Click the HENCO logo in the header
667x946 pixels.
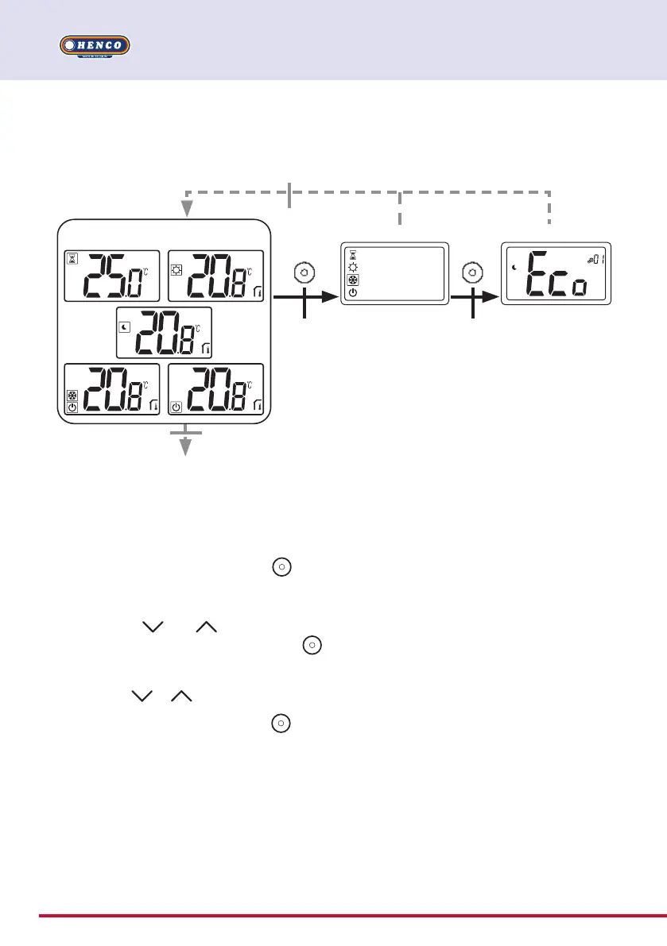click(x=95, y=46)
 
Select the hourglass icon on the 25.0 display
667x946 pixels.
click(x=72, y=258)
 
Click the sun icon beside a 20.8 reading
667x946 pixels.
click(x=178, y=269)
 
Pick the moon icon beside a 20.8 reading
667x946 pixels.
click(x=126, y=326)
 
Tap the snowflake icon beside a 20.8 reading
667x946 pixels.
click(x=72, y=396)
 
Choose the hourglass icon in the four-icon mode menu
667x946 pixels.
click(x=353, y=255)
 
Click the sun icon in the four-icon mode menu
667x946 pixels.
click(x=353, y=268)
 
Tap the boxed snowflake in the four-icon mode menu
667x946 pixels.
click(x=353, y=280)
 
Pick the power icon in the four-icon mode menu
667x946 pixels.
click(x=353, y=292)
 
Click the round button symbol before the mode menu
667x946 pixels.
click(x=304, y=273)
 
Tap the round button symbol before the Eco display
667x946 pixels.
click(x=473, y=273)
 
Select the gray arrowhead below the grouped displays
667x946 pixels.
click(x=186, y=449)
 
